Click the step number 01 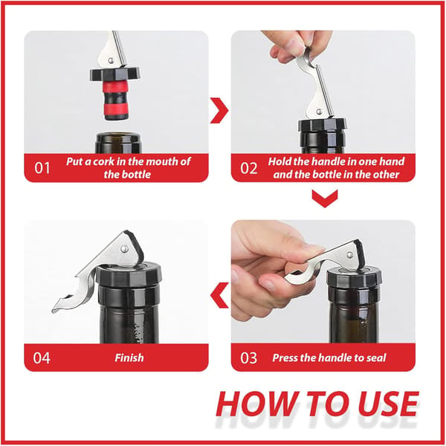(x=42, y=168)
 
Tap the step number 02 (x=248, y=168)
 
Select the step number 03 (x=248, y=358)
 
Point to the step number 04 (x=42, y=358)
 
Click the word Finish (x=129, y=358)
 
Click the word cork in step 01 (x=104, y=161)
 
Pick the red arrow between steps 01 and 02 (x=219, y=110)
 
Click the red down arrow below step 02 (x=325, y=198)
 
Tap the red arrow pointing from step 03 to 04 (x=219, y=295)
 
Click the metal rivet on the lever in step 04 (x=124, y=249)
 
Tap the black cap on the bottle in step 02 (x=322, y=125)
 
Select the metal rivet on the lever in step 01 (x=111, y=60)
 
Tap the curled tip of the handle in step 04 (x=57, y=309)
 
